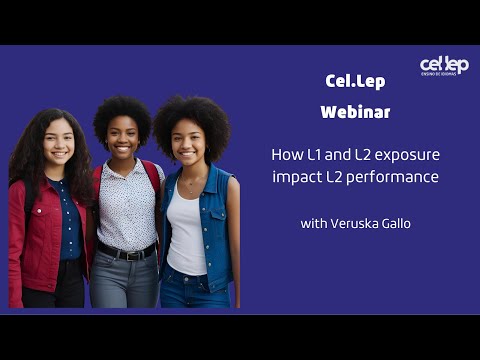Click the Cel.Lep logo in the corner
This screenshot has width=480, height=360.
pos(443,66)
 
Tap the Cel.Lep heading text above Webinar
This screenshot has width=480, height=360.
pos(355,81)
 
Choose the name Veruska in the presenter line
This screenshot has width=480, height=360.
pos(356,223)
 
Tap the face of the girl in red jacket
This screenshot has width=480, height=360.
pos(57,143)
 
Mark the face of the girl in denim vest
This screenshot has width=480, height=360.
pos(188,140)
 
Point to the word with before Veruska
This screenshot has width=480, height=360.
pos(313,223)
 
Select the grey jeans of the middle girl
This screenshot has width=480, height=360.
pos(124,285)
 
